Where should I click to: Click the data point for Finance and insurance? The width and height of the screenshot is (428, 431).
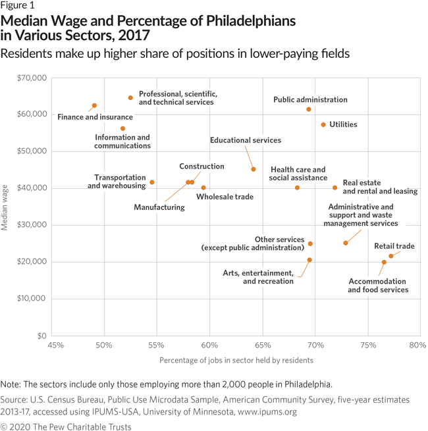[94, 105]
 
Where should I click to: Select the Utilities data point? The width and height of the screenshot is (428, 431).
[323, 124]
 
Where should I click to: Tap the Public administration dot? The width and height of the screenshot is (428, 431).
[309, 109]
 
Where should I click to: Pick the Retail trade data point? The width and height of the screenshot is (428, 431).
[390, 256]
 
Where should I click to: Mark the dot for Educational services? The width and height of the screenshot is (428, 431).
[254, 169]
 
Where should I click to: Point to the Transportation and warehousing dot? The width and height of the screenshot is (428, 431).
[152, 182]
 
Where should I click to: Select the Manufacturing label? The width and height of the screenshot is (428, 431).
[159, 207]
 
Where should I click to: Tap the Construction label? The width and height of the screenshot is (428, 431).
[201, 166]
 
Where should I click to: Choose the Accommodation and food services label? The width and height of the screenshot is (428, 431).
[378, 285]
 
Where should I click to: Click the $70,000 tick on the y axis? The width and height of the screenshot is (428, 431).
[31, 78]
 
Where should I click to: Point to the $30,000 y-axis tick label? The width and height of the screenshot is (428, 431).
[31, 225]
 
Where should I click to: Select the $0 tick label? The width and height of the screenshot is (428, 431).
[40, 336]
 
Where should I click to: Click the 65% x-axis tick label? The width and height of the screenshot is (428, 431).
[263, 345]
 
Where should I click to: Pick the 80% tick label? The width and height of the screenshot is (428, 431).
[417, 345]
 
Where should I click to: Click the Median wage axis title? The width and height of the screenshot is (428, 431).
[5, 207]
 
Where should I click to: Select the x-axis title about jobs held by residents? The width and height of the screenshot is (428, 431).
[236, 360]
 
